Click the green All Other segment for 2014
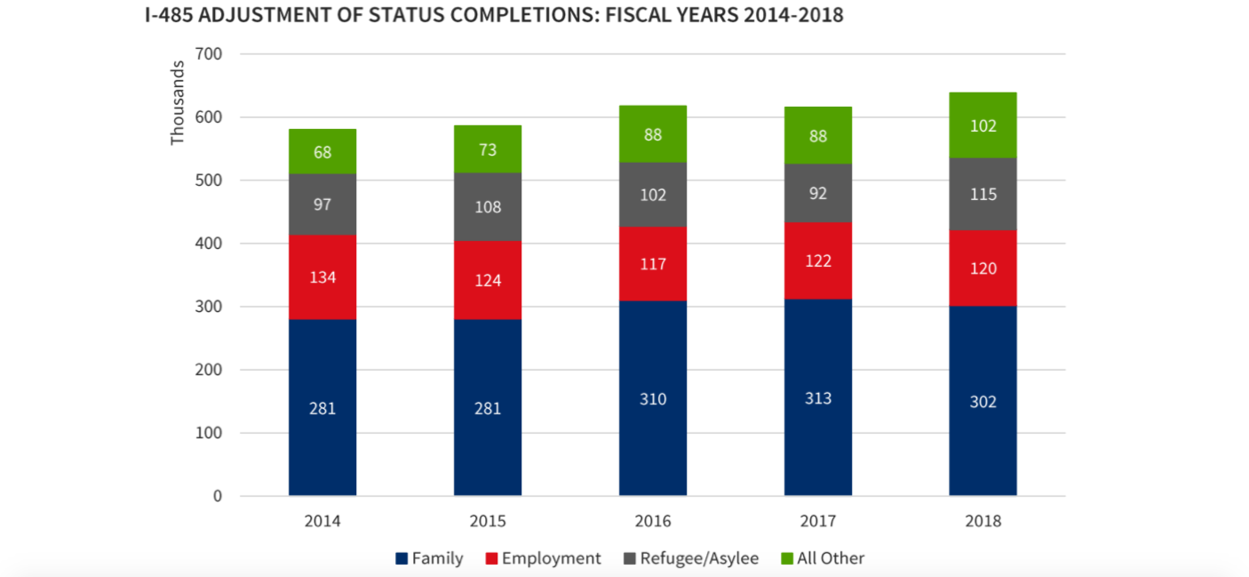click(322, 152)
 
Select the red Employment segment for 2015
click(488, 280)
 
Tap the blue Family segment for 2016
click(653, 398)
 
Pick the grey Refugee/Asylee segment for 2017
click(818, 192)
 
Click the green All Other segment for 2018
click(982, 125)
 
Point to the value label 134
click(322, 277)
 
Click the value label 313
click(818, 397)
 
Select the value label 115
click(982, 194)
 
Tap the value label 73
click(488, 149)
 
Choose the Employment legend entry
click(543, 558)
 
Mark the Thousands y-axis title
click(178, 102)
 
